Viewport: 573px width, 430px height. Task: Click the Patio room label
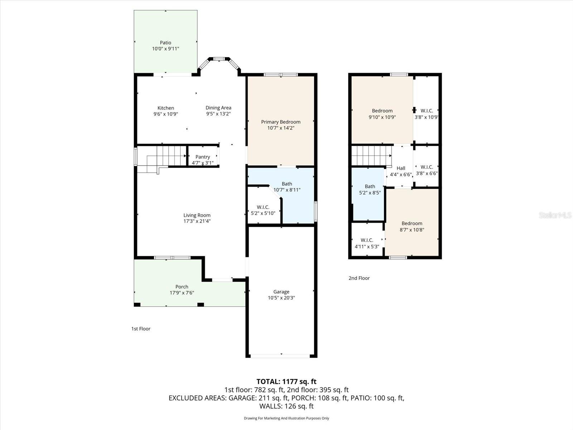165,43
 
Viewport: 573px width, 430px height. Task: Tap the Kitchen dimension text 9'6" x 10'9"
165,114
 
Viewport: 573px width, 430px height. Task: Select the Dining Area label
218,107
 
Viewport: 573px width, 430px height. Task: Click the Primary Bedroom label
280,122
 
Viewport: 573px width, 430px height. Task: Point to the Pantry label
203,157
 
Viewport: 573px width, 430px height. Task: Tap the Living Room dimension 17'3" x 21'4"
197,221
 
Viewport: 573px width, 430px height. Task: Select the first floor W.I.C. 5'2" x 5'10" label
263,207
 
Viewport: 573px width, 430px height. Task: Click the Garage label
281,292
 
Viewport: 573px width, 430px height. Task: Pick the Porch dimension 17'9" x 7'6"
182,293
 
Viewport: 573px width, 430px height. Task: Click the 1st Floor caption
141,329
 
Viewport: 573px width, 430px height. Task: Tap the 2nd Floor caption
359,278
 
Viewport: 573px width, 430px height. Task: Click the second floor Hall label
401,168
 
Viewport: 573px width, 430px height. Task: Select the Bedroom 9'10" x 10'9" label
382,111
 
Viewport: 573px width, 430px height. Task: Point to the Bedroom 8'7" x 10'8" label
412,223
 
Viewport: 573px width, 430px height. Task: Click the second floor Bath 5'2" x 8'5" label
370,186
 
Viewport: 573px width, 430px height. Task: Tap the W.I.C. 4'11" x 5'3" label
367,240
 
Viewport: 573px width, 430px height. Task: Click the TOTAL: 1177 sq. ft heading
286,381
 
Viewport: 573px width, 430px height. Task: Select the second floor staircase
371,156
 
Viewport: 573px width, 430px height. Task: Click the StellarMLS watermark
555,215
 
